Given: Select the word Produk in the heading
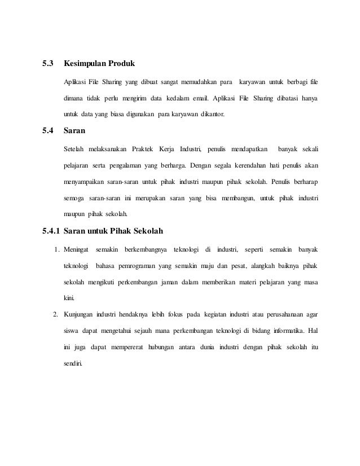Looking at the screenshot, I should pos(121,63).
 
